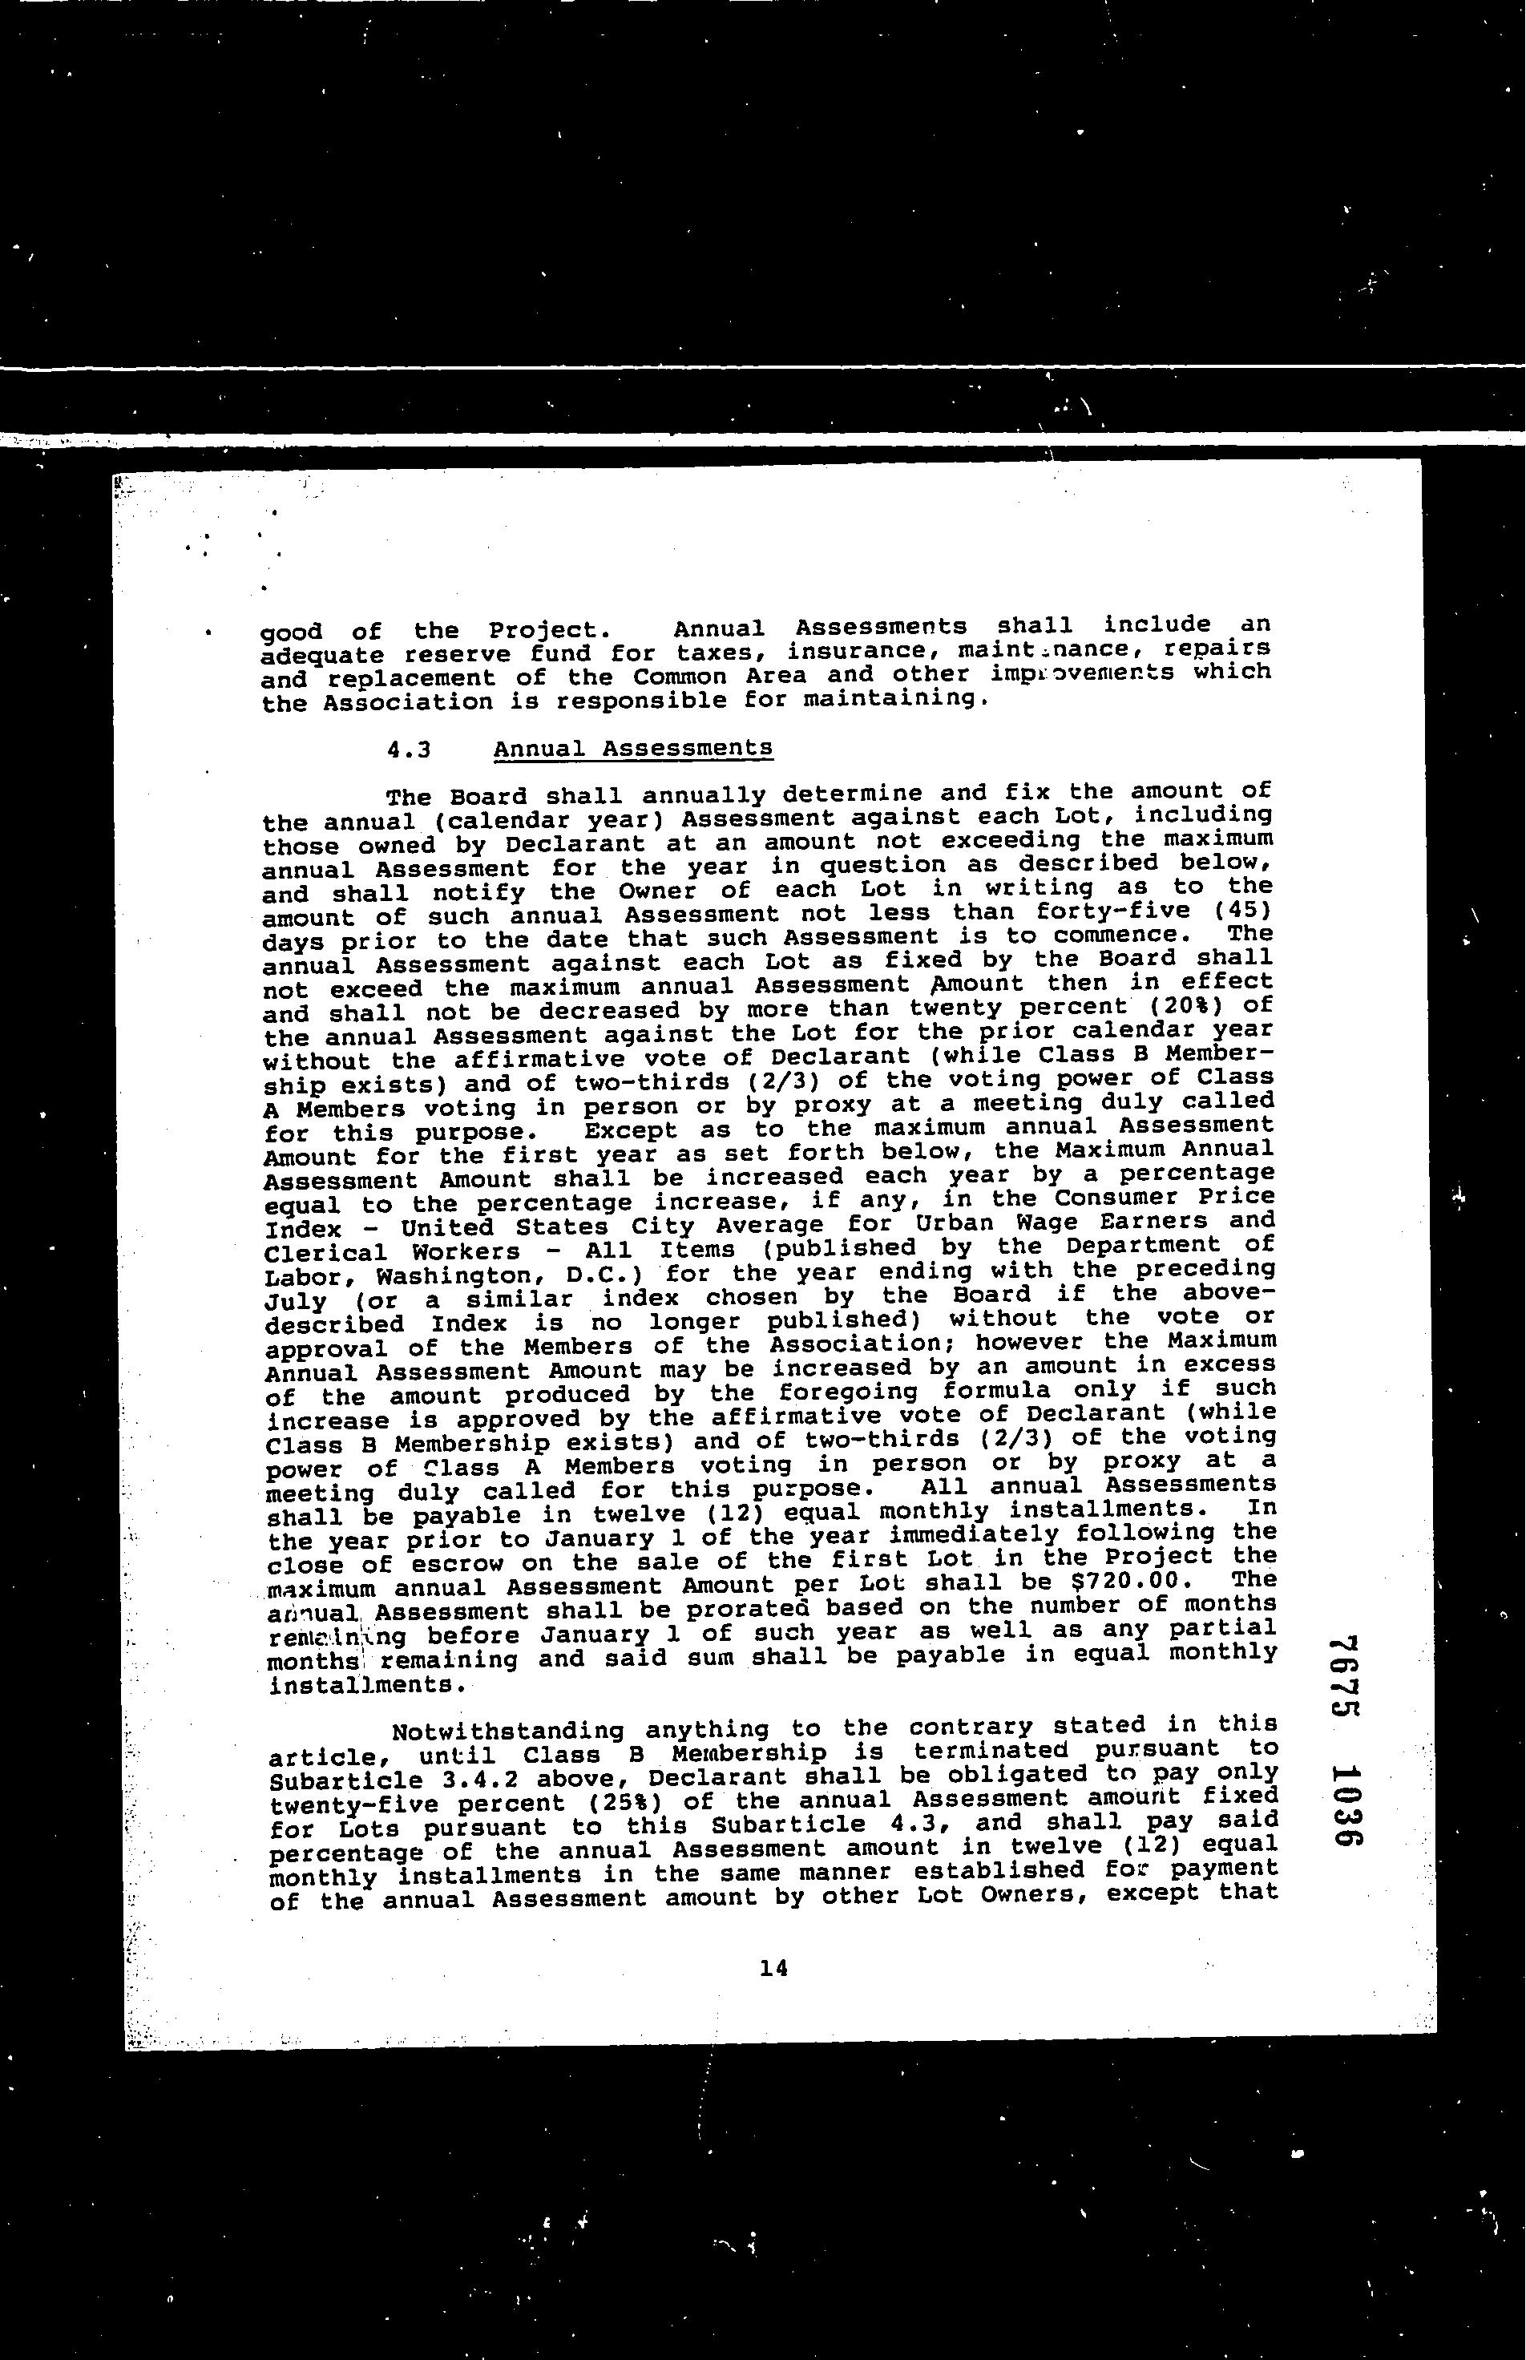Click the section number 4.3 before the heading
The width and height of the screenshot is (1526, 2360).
(x=410, y=750)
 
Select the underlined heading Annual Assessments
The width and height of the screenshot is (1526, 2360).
(x=632, y=749)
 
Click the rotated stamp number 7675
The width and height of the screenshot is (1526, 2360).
(x=1342, y=1691)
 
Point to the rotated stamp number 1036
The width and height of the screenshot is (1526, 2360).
(x=1342, y=1807)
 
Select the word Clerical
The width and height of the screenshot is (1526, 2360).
(x=326, y=1253)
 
